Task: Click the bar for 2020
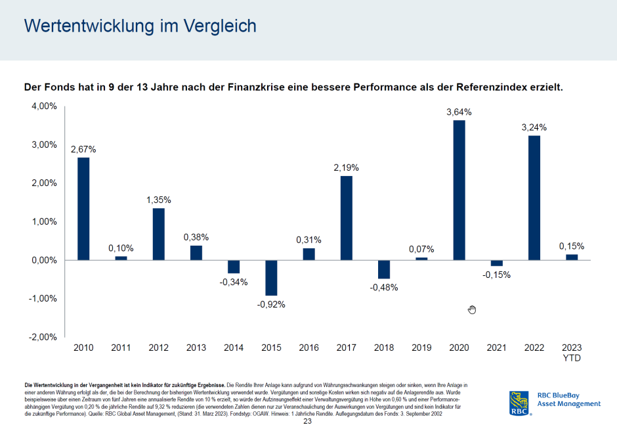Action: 459,190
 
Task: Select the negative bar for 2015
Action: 271,277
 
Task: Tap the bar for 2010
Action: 83,208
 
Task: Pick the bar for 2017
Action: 346,217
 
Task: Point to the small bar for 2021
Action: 497,263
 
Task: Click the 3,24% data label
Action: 534,127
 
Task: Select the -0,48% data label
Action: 384,287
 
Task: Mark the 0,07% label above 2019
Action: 421,250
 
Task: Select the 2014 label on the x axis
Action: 234,348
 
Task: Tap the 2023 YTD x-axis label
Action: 572,352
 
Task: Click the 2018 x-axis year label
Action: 384,348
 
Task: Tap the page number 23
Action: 307,421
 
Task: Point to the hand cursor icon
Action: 471,309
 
